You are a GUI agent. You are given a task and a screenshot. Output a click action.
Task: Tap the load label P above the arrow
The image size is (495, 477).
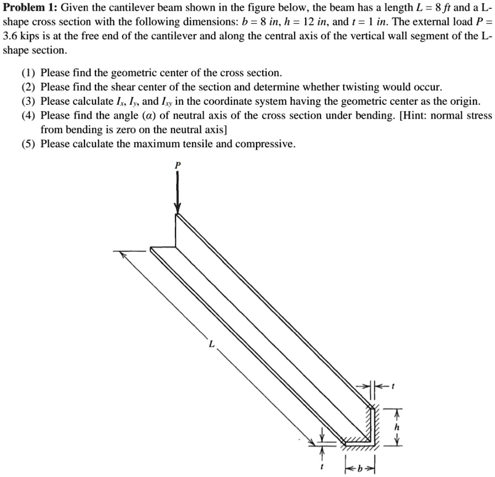177,164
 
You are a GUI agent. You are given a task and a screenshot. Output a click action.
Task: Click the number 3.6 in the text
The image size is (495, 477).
9,36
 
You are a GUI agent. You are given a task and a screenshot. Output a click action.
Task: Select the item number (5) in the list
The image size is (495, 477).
29,144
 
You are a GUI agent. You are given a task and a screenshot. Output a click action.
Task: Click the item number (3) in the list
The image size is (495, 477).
29,101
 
